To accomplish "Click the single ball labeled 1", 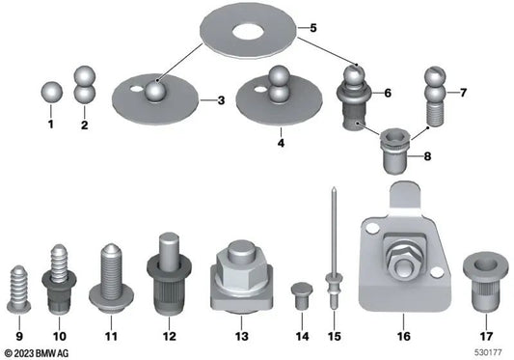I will tap(52, 93).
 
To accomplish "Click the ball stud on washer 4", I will tap(279, 79).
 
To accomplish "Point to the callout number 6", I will tap(387, 94).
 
